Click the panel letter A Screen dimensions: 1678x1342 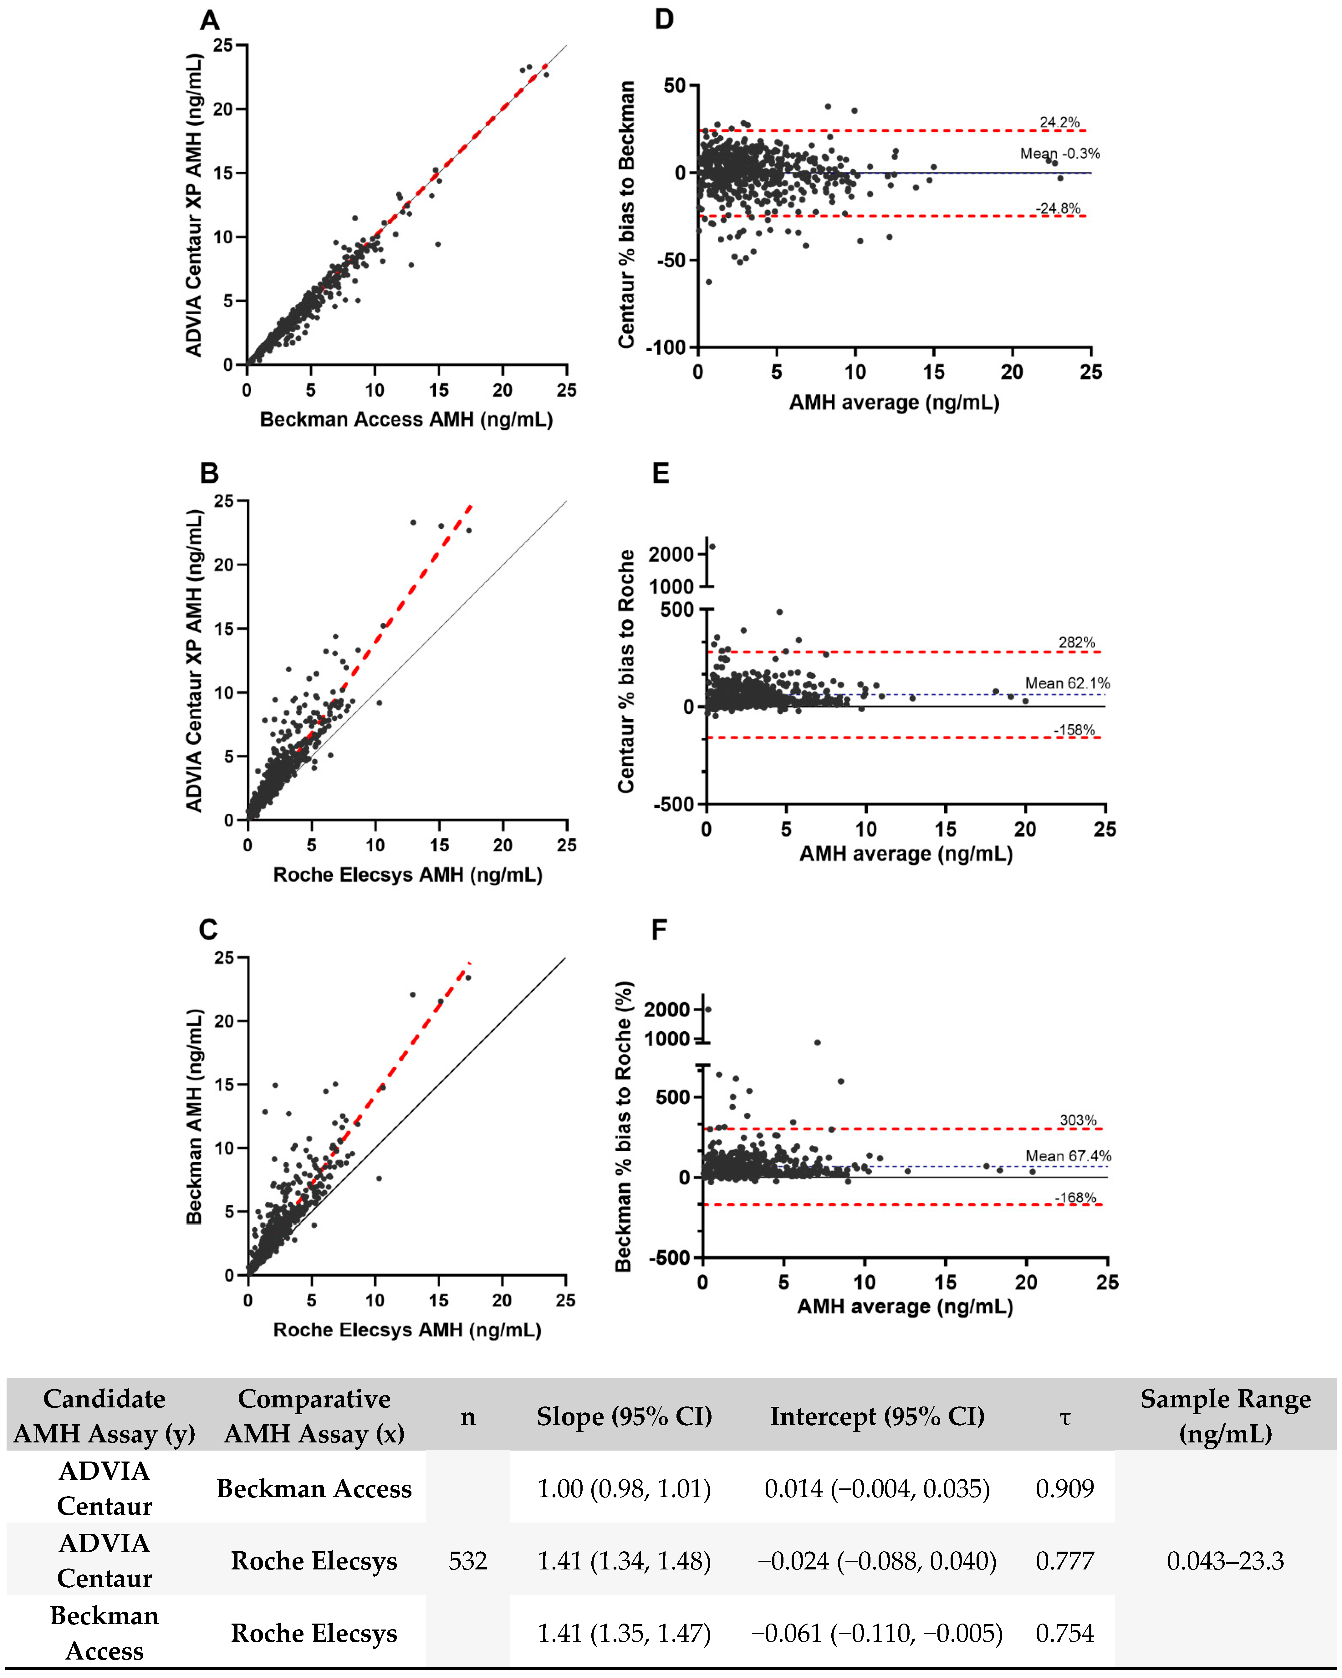pyautogui.click(x=209, y=20)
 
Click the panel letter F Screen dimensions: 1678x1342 pyautogui.click(x=659, y=930)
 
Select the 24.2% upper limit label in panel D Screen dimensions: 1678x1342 pyautogui.click(x=1059, y=122)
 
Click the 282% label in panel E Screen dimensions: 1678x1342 pyautogui.click(x=1077, y=642)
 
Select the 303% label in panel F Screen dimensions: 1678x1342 pyautogui.click(x=1078, y=1120)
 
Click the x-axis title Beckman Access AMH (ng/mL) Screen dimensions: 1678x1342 pyautogui.click(x=406, y=420)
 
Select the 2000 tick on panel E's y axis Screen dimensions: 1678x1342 pyautogui.click(x=671, y=554)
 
